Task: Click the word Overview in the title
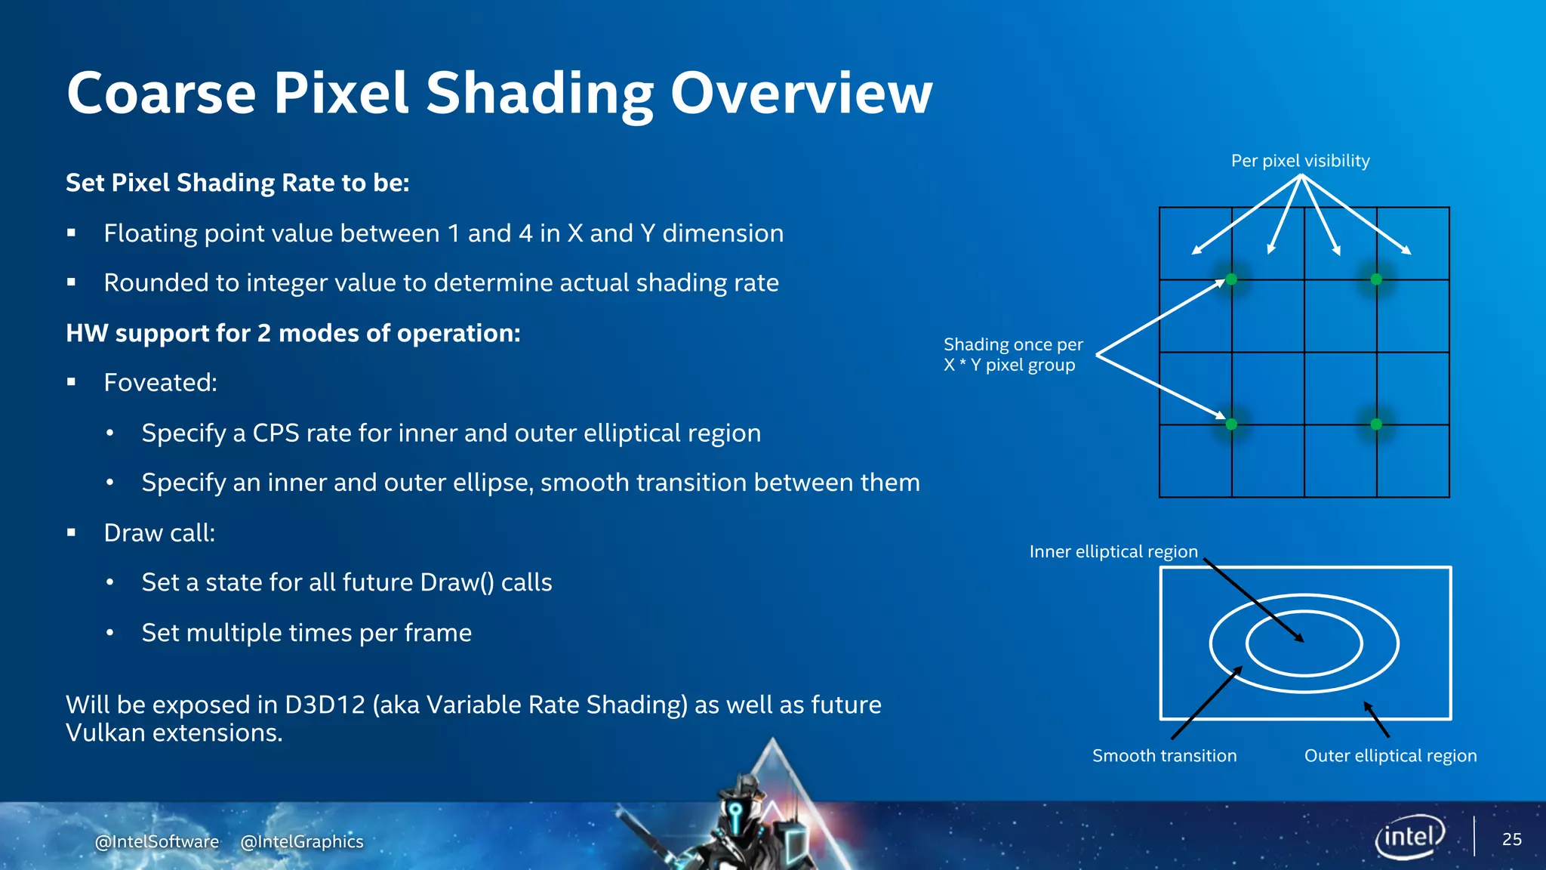[801, 93]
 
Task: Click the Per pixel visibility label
[1300, 161]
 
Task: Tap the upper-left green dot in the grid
[1231, 279]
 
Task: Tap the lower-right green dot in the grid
[1376, 424]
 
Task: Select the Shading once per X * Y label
[1012, 354]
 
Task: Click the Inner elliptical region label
[1113, 551]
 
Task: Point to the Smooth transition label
[1164, 755]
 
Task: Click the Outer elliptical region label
[1390, 755]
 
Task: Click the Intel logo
[1409, 837]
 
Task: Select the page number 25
[1511, 839]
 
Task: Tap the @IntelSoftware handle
[157, 841]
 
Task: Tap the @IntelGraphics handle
[302, 841]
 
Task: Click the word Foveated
[160, 383]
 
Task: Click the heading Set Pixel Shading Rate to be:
[237, 183]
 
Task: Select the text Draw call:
[159, 533]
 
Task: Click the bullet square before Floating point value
[72, 233]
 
